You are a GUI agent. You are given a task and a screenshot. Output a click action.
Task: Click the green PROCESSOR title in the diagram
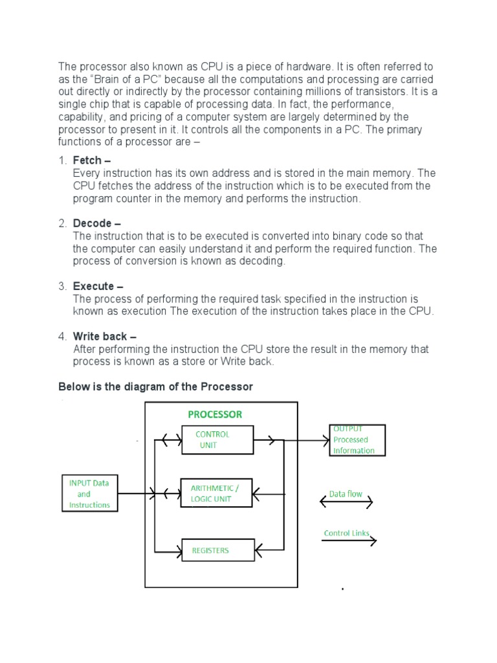tap(215, 414)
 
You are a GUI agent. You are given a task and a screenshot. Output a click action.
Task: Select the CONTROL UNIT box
tap(217, 440)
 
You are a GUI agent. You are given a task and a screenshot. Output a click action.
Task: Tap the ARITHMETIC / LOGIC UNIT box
tap(217, 494)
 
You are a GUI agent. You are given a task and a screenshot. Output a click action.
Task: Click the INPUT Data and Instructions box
tap(89, 493)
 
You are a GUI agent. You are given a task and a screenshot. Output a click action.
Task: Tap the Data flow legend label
tap(346, 493)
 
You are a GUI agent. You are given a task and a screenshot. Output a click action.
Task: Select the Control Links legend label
tap(346, 534)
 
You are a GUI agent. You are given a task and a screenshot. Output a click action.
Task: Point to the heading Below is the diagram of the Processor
tap(155, 387)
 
